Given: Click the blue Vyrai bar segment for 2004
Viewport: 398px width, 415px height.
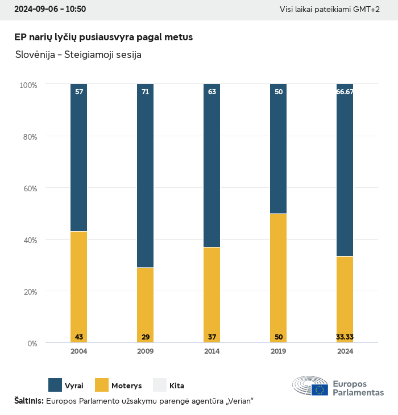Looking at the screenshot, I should (x=78, y=158).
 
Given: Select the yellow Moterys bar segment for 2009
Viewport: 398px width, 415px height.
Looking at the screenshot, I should (x=145, y=305).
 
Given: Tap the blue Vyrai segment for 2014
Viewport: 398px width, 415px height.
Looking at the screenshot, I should (x=212, y=166).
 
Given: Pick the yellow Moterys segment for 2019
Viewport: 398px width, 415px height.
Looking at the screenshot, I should (x=278, y=278).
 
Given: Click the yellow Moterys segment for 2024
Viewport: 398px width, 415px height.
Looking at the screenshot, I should (x=345, y=299).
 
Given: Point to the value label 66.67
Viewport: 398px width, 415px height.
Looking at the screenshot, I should (x=345, y=91).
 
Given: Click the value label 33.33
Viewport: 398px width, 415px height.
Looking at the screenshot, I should (x=345, y=337).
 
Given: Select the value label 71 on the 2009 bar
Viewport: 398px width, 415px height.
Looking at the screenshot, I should (x=145, y=91).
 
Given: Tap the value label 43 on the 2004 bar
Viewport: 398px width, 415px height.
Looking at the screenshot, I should (x=78, y=337).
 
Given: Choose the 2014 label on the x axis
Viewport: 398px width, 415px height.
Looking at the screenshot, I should (x=212, y=351).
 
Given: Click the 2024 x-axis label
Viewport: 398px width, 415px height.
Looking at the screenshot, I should (x=345, y=351).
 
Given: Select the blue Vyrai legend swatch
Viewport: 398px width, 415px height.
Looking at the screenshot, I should (x=55, y=385).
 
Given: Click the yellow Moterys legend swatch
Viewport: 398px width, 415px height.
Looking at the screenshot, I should (x=101, y=385).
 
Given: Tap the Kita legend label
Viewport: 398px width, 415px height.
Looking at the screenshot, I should (x=177, y=385).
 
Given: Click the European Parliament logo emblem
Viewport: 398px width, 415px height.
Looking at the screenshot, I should (x=310, y=385).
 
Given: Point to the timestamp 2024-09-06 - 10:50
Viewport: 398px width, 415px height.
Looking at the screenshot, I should (x=50, y=10).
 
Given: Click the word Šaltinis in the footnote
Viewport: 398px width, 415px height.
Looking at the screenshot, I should (x=28, y=401).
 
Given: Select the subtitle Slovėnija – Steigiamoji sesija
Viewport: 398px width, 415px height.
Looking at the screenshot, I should (x=78, y=55).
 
